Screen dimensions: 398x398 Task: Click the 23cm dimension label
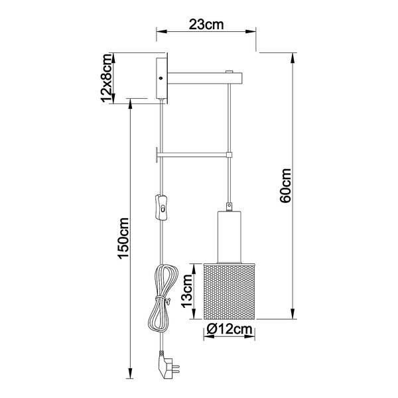point(206,25)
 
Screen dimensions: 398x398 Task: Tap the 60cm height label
point(285,185)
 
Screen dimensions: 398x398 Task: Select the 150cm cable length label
point(123,238)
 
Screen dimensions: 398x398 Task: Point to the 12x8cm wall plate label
point(107,78)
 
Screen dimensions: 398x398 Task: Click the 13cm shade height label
point(187,291)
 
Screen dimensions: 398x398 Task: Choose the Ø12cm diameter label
point(230,329)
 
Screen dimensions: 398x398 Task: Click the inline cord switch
point(162,207)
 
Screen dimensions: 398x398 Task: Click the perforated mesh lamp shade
point(230,291)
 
